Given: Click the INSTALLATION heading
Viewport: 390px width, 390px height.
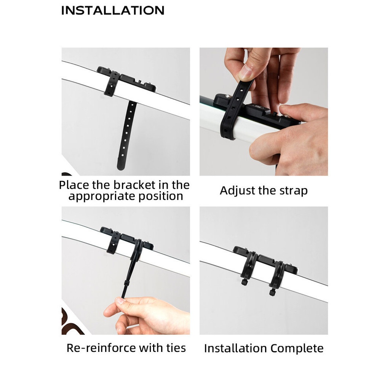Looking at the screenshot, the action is click(x=113, y=10).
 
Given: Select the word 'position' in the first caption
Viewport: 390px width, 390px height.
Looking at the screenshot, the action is click(x=161, y=196).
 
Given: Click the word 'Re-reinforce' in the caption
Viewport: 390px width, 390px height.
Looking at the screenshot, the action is click(x=101, y=348).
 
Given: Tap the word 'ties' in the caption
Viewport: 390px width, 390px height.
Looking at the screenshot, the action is click(x=176, y=348).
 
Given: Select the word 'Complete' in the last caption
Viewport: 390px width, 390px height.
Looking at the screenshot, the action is click(x=297, y=348).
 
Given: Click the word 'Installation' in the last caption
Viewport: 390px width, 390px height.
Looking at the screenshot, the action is click(x=236, y=348).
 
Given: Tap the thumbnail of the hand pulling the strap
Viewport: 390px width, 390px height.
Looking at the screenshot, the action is click(x=245, y=72).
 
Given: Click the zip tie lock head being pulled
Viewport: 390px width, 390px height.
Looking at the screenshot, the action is click(x=126, y=284).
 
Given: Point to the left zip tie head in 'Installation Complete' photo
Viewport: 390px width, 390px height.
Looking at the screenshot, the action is click(x=244, y=282).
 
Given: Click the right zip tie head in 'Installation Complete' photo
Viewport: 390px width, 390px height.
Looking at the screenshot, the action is click(x=272, y=292).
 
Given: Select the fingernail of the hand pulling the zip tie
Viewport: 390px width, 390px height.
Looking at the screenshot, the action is click(x=120, y=300).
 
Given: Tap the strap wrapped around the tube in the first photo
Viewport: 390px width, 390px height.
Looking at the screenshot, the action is click(x=111, y=84).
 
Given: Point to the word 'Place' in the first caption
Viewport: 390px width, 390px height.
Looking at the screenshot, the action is click(x=74, y=185).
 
